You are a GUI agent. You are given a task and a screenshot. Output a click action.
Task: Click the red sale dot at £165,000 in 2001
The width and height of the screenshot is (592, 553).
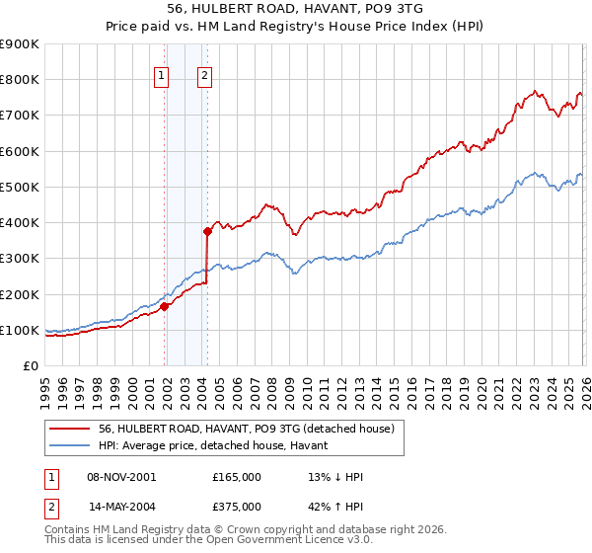[x=165, y=306]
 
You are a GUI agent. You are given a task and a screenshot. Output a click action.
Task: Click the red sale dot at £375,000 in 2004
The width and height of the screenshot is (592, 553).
[x=208, y=231]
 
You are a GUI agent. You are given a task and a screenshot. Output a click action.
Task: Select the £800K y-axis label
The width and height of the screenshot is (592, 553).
[x=20, y=80]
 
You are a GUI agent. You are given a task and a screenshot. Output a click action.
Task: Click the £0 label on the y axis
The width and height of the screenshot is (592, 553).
[x=30, y=365]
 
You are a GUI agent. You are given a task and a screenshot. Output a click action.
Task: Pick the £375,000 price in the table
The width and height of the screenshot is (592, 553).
[x=237, y=505]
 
